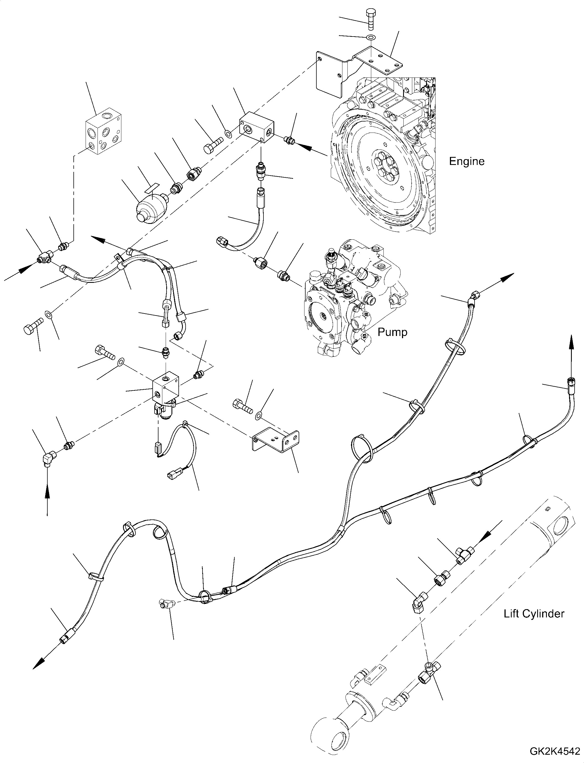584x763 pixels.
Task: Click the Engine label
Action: point(467,162)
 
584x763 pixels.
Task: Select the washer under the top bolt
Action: point(371,37)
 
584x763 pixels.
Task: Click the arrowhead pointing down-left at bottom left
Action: point(38,664)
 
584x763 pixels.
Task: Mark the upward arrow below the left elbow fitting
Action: point(48,499)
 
